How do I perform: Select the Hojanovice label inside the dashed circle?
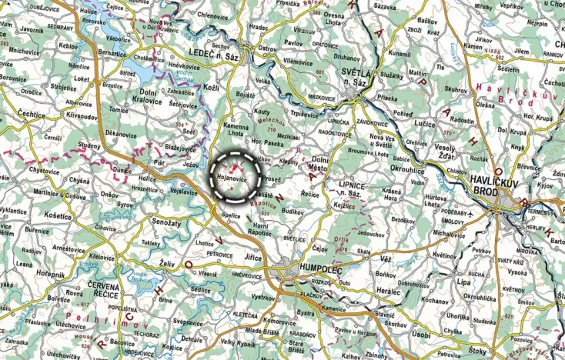[232, 178]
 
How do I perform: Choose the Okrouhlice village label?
[407, 167]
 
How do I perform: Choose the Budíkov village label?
[293, 210]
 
